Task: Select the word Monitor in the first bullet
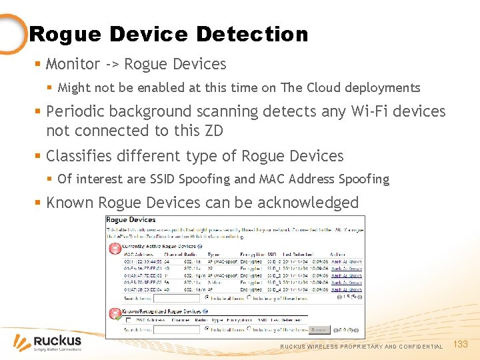point(73,64)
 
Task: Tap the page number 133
point(461,344)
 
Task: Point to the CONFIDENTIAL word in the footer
point(421,347)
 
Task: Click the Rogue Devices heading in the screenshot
point(131,220)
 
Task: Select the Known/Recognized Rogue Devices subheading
point(162,311)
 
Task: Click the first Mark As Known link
point(346,262)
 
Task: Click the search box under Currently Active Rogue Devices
point(177,298)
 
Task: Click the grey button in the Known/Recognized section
point(319,329)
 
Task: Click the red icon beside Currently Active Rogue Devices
point(111,248)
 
